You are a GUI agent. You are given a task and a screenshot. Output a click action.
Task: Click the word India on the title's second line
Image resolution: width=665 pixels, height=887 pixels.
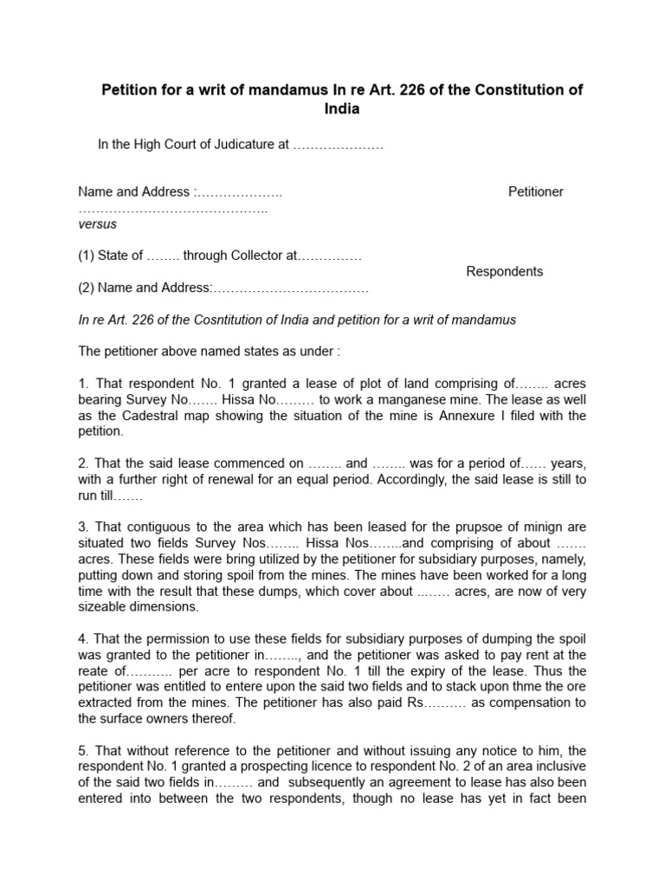(x=341, y=110)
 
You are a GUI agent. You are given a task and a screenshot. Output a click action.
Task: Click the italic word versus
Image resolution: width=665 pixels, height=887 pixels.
(x=97, y=223)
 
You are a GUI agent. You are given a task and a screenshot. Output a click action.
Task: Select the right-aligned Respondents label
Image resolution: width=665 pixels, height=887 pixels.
(x=504, y=271)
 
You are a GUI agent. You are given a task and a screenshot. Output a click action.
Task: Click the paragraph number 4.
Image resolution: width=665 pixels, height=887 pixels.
(x=82, y=639)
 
